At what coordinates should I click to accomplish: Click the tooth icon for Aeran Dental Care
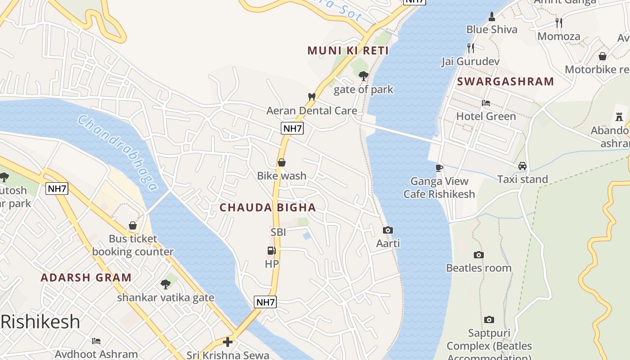(x=311, y=96)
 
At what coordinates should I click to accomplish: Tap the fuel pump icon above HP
(x=271, y=251)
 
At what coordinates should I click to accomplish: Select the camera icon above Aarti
(x=387, y=230)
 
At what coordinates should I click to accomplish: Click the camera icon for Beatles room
(x=479, y=255)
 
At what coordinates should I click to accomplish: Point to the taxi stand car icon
(x=522, y=166)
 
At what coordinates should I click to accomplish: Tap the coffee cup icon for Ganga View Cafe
(x=439, y=168)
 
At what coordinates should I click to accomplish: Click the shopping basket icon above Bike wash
(x=282, y=162)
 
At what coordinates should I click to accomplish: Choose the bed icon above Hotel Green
(x=486, y=103)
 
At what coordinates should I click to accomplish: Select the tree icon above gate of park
(x=364, y=76)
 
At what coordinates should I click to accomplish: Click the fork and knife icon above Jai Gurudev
(x=471, y=48)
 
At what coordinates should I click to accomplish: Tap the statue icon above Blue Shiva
(x=491, y=17)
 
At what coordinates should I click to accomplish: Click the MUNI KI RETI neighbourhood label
(x=348, y=50)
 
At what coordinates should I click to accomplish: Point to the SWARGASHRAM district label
(x=505, y=81)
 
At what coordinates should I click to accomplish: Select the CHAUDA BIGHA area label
(x=268, y=207)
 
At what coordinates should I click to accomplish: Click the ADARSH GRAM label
(x=86, y=277)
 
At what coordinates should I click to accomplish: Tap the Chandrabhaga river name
(x=118, y=153)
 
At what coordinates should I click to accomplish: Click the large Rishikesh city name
(x=40, y=322)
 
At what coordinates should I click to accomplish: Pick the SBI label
(x=278, y=232)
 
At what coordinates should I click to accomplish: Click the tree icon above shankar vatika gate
(x=166, y=284)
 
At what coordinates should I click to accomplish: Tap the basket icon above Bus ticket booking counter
(x=133, y=225)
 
